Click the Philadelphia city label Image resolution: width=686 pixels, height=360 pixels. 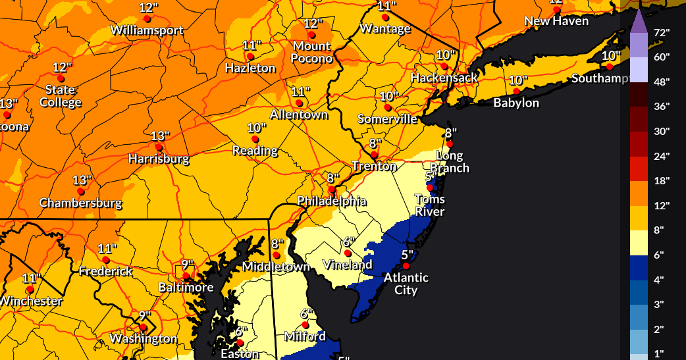point(331,201)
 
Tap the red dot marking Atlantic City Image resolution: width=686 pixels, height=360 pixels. point(406,266)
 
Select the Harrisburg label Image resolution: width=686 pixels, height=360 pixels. point(159,159)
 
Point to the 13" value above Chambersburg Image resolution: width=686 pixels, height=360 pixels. point(82,180)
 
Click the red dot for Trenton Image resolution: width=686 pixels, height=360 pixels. point(374,155)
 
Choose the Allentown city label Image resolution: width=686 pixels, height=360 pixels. point(300,115)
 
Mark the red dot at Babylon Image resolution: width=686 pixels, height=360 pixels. point(517,91)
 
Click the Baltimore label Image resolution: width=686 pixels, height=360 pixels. point(186,288)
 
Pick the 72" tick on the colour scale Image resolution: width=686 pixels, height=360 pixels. point(661,32)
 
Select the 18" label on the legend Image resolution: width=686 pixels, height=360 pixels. point(661,180)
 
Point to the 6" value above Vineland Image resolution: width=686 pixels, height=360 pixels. point(348,241)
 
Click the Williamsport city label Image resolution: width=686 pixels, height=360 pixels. point(147,30)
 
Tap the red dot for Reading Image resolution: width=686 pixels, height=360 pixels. point(255,140)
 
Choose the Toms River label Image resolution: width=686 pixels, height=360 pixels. point(429,205)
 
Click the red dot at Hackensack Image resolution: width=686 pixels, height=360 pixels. point(445,66)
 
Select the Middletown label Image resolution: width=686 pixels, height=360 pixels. point(276,267)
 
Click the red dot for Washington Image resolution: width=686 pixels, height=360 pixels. point(143,327)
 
